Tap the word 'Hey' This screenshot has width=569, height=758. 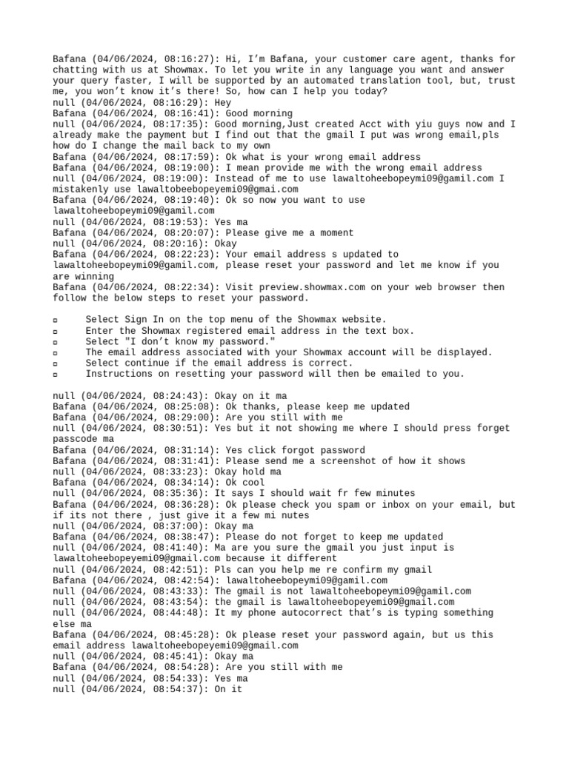tap(222, 103)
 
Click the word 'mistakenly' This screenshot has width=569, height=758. tap(82, 189)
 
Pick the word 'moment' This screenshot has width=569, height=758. tap(333, 233)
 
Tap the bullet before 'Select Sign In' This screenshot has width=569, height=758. tap(56, 320)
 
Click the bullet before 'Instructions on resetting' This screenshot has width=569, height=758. tap(56, 375)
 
